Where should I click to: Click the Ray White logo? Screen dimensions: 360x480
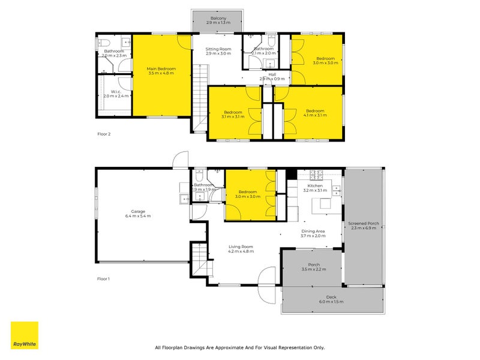25,335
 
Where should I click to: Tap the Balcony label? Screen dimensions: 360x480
218,19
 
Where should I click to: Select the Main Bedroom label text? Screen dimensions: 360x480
161,69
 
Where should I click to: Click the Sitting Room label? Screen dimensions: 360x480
218,49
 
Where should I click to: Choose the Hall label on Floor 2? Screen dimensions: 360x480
272,74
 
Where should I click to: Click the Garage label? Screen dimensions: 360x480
139,211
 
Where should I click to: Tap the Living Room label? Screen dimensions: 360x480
240,247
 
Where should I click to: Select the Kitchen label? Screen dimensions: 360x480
315,186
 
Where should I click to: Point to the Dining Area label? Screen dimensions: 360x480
313,231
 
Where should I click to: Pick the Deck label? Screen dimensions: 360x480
331,297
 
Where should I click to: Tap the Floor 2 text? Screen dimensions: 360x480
104,134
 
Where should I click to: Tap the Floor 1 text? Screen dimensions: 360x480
104,279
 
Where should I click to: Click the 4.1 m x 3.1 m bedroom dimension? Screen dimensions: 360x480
315,115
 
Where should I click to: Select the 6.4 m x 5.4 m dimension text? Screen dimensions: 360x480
139,216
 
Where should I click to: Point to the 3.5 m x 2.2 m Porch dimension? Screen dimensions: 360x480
314,269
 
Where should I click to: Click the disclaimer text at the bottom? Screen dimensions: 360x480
239,347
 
